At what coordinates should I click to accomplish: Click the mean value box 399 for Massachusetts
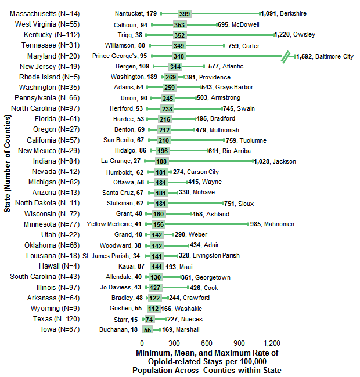185,13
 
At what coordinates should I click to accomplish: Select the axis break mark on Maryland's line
285,56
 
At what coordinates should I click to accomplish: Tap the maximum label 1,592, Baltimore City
324,56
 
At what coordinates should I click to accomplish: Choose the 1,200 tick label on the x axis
271,343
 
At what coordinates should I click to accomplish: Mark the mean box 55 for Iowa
147,329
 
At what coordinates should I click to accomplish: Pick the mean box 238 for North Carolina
167,108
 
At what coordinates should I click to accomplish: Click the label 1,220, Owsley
296,35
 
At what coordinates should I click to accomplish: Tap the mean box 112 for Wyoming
154,309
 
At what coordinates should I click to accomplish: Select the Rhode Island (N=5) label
53,77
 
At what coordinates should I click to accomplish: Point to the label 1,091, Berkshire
284,13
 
